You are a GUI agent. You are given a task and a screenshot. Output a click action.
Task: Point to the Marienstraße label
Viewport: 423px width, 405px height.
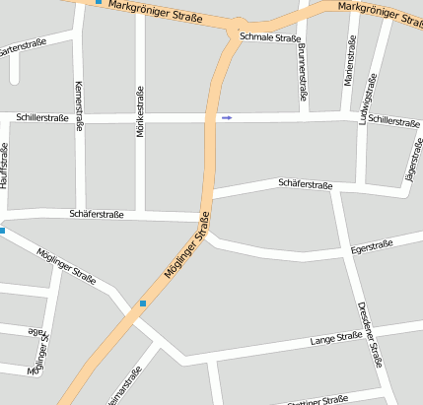[x=349, y=59]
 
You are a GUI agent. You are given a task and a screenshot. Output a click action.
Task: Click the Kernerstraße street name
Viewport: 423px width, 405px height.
[x=79, y=104]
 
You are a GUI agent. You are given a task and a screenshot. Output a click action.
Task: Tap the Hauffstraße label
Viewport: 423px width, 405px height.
[x=5, y=165]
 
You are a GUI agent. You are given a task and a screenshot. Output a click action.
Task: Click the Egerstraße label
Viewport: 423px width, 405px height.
[x=372, y=246]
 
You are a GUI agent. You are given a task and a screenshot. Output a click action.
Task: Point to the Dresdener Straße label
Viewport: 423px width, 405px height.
[x=370, y=333]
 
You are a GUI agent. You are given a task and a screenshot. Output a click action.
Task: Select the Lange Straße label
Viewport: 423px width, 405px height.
[x=337, y=339]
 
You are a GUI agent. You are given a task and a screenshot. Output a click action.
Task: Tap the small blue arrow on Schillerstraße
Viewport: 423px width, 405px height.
[x=227, y=117]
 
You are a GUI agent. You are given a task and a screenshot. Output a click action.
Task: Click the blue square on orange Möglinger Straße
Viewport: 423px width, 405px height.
[x=143, y=304]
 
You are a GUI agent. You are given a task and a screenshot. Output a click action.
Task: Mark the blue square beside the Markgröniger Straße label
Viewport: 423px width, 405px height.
[x=98, y=2]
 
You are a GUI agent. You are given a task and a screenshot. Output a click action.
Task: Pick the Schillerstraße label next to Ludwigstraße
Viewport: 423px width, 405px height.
[x=394, y=122]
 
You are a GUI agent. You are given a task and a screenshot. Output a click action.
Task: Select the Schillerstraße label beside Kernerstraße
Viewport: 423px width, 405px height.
[x=41, y=117]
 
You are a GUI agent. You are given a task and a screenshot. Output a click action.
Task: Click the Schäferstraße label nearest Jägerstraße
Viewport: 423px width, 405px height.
[x=306, y=184]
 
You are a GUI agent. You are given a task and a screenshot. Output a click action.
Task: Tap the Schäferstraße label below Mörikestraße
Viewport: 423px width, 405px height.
[x=97, y=214]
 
